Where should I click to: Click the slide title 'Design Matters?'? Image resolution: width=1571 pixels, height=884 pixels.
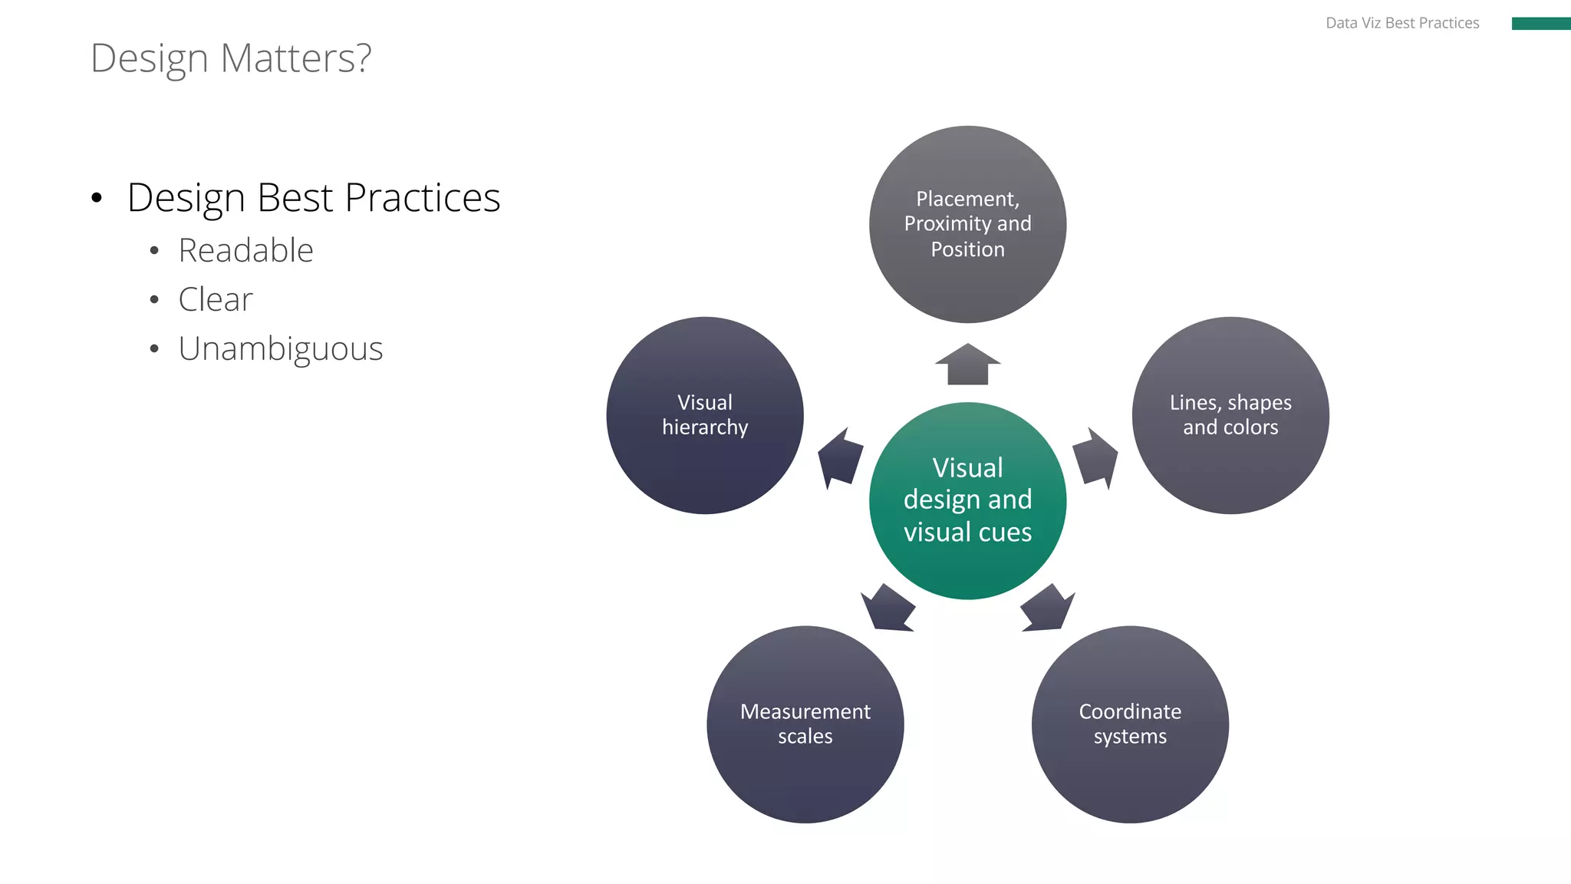click(230, 58)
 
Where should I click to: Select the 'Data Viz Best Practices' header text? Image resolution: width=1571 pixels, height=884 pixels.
click(1401, 23)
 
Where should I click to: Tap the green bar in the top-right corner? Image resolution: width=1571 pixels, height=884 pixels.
click(1540, 24)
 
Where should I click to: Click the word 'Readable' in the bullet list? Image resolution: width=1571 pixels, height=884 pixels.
click(245, 251)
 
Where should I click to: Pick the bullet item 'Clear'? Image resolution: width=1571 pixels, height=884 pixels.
click(215, 300)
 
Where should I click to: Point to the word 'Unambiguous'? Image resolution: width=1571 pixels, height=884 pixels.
click(280, 349)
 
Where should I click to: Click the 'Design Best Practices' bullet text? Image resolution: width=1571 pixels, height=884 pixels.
click(313, 198)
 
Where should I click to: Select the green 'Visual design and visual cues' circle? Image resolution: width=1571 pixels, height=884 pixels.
click(967, 500)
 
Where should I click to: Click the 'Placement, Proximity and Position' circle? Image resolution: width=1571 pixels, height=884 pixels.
click(967, 224)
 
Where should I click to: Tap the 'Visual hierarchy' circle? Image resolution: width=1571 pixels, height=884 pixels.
click(704, 415)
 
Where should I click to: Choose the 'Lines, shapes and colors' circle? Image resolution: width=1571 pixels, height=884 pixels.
click(1230, 415)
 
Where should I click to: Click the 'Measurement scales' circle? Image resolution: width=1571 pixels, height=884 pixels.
click(805, 724)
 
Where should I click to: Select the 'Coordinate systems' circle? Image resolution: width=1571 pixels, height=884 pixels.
click(1130, 724)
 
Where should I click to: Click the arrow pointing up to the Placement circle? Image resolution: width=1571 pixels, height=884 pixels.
click(967, 365)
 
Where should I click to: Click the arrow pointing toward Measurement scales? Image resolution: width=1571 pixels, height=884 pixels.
click(888, 608)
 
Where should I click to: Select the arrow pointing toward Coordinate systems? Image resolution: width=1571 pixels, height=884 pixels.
click(1047, 608)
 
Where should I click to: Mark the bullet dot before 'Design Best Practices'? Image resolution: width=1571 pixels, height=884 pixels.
click(96, 199)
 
